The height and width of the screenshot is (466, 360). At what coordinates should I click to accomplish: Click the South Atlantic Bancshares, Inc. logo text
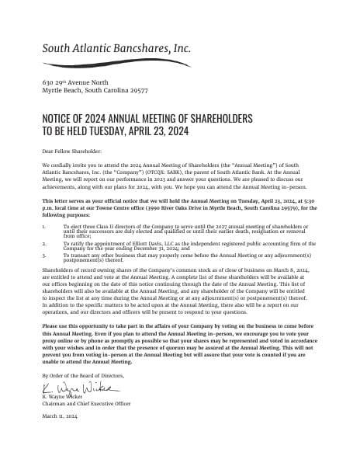[x=116, y=47]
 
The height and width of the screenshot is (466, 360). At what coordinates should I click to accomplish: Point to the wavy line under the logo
[x=116, y=62]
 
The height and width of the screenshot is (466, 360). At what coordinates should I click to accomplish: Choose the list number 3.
[x=44, y=254]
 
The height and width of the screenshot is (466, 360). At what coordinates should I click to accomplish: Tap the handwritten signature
[x=78, y=387]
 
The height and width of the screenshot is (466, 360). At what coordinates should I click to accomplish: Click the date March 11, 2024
[x=60, y=417]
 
